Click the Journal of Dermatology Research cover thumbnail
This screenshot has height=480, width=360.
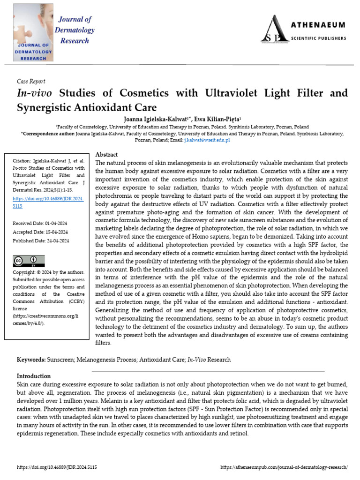[x=33, y=32]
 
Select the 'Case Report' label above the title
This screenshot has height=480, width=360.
[x=31, y=81]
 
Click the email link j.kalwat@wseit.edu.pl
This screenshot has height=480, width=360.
[x=207, y=140]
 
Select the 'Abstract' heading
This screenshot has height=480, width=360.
[x=106, y=155]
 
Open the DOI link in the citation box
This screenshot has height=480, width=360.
[x=48, y=202]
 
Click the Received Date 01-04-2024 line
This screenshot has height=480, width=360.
[x=40, y=223]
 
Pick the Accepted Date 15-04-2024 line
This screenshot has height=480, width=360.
[x=40, y=232]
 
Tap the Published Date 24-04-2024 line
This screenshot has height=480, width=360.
[x=41, y=241]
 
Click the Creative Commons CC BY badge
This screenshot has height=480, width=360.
[x=29, y=261]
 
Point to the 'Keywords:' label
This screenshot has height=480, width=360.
[x=31, y=360]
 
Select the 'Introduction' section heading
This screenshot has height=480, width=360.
[x=34, y=376]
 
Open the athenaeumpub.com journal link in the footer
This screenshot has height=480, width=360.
[x=284, y=467]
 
